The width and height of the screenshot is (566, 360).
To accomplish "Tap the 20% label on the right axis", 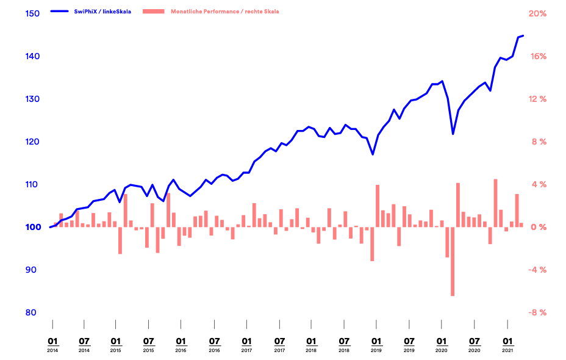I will (537, 13).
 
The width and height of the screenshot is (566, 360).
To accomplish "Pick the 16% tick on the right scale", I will (537, 56).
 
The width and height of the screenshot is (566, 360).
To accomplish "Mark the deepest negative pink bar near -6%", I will (453, 261).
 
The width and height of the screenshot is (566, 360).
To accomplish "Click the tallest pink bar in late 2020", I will (495, 203).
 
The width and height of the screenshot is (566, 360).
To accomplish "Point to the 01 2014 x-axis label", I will (52, 344).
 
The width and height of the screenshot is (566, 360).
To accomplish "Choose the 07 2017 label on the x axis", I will (279, 344).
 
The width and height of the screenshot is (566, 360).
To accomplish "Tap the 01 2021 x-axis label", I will (507, 344).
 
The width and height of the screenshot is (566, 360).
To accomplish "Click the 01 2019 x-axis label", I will (376, 344).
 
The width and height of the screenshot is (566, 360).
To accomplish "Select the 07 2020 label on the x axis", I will (474, 344).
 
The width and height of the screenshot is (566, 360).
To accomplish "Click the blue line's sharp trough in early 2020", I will (453, 134).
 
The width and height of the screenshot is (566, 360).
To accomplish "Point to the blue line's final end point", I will (523, 36).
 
